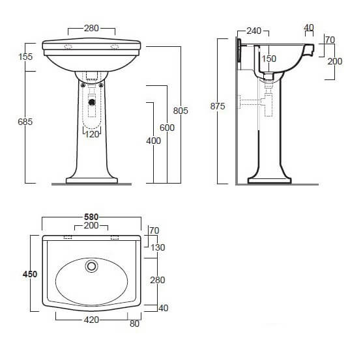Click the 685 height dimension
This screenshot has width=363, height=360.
coord(25,122)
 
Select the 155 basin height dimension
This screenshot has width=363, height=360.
coord(25,57)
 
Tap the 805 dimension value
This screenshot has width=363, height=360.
coord(181,111)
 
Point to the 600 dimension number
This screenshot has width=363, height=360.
coord(167,128)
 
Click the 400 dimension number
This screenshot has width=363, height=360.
coord(153,141)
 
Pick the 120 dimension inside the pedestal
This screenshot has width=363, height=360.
coord(92,134)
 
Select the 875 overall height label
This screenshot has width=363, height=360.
coord(218,106)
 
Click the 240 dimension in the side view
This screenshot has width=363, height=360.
coord(254,31)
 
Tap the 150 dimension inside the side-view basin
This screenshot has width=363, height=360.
coord(269,59)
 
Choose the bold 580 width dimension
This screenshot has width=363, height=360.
coord(91,217)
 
